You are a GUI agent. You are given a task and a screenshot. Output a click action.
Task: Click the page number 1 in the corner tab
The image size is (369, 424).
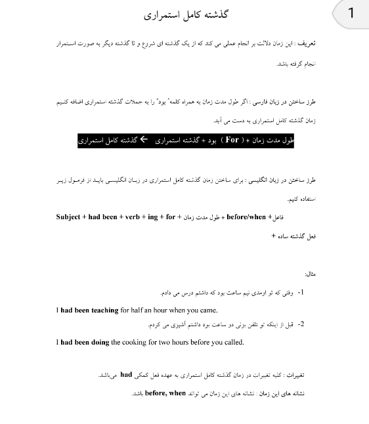click(351, 12)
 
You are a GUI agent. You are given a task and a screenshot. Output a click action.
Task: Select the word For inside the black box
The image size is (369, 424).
click(232, 140)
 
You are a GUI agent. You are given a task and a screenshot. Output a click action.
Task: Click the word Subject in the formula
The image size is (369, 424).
click(68, 217)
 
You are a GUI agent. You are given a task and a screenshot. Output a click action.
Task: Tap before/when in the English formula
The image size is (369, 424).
click(246, 217)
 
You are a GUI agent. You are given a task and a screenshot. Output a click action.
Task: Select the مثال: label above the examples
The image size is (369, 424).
click(310, 274)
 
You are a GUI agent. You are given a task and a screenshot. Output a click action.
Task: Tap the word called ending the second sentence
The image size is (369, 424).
click(232, 342)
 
